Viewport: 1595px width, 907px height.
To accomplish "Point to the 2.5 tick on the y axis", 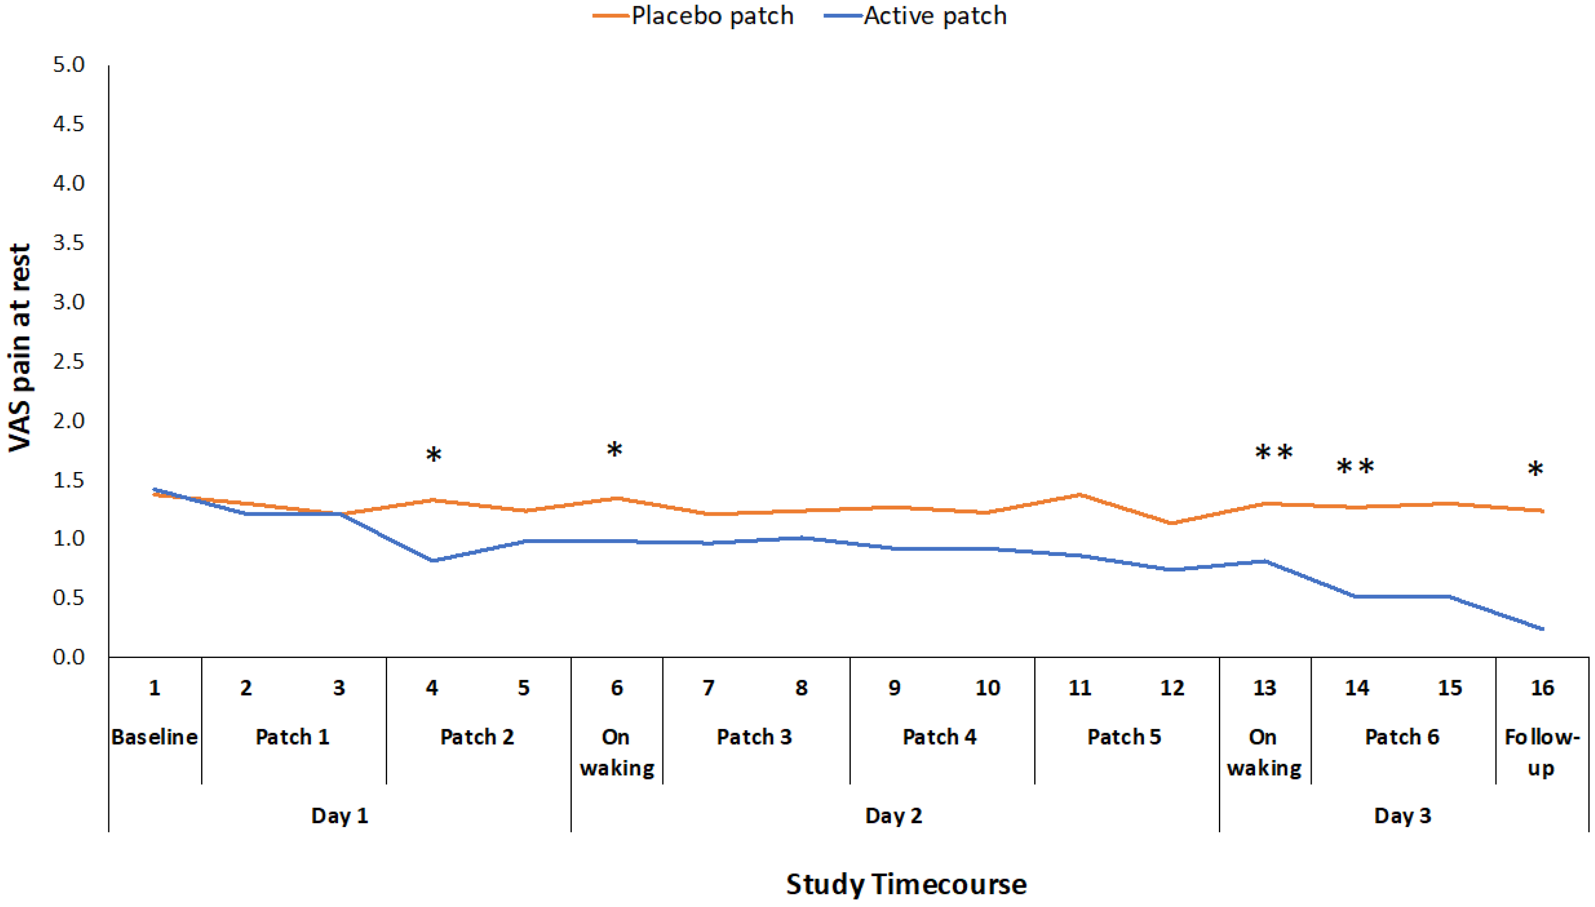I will point(69,361).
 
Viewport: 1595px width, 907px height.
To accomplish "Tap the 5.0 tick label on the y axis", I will point(69,64).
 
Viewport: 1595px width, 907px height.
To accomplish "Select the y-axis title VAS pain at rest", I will point(20,347).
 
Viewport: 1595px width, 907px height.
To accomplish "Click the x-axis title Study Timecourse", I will point(906,884).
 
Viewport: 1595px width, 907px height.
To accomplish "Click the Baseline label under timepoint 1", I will point(155,737).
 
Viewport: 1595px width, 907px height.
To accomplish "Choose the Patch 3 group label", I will point(754,737).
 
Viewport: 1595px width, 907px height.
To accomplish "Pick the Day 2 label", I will point(893,816).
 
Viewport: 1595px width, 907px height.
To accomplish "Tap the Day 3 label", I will point(1402,816).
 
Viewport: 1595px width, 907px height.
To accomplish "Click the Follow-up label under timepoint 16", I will point(1542,752).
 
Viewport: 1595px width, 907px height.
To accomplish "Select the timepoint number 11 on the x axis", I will point(1080,688).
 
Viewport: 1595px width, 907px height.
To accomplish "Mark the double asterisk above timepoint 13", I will point(1273,453).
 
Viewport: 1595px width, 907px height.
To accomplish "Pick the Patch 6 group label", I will point(1402,737).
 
